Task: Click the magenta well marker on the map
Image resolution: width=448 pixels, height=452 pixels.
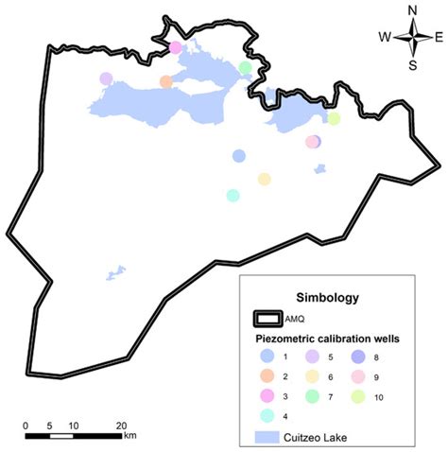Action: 175,47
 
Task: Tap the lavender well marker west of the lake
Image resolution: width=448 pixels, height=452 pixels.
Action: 106,79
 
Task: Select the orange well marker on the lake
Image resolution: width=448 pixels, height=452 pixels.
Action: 166,82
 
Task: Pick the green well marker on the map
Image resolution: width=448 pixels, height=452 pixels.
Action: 246,67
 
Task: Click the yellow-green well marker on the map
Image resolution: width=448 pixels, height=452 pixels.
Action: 333,119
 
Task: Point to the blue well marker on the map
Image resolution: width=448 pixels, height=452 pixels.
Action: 238,156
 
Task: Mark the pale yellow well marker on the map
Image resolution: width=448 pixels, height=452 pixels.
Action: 264,179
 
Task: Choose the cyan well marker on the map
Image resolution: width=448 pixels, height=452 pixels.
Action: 233,195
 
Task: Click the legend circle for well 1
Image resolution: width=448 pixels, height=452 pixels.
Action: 267,356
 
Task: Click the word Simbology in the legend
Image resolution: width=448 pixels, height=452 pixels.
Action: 327,298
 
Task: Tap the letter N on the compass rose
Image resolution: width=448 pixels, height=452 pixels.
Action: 412,10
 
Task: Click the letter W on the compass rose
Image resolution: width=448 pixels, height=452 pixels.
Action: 385,37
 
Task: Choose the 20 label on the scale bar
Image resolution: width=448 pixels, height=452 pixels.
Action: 121,425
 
